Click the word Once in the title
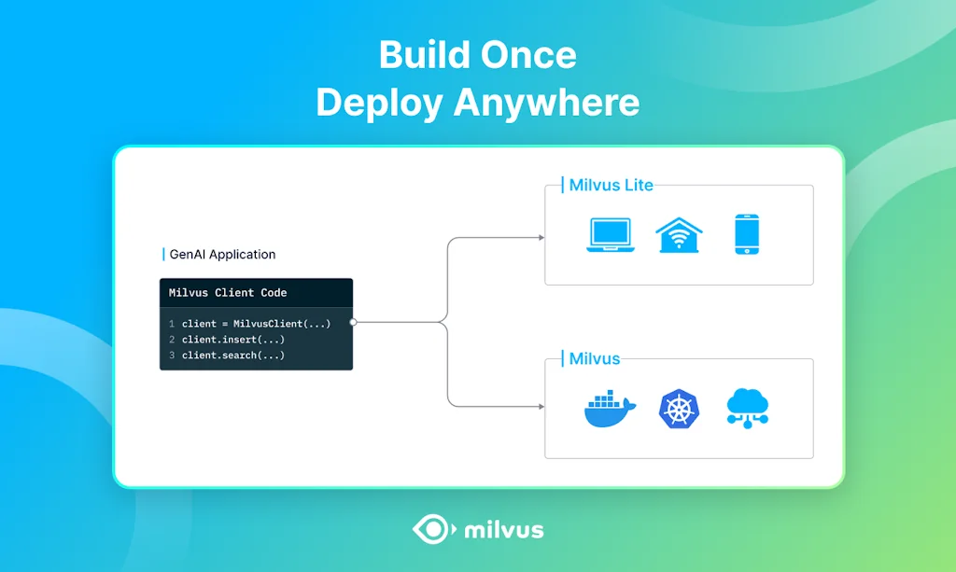pyautogui.click(x=530, y=56)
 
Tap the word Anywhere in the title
pyautogui.click(x=547, y=103)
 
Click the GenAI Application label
pyautogui.click(x=222, y=254)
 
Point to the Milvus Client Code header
pyautogui.click(x=228, y=293)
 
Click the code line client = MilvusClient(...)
pyautogui.click(x=256, y=324)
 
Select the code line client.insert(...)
pyautogui.click(x=233, y=340)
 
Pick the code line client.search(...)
pyautogui.click(x=233, y=356)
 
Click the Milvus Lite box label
pyautogui.click(x=611, y=185)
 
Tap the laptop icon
pyautogui.click(x=610, y=235)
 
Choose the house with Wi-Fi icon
pyautogui.click(x=679, y=234)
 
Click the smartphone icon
pyautogui.click(x=747, y=234)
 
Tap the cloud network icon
pyautogui.click(x=747, y=409)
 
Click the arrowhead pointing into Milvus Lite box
pyautogui.click(x=541, y=238)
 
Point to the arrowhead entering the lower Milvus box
pyautogui.click(x=541, y=407)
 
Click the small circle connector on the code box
pyautogui.click(x=353, y=323)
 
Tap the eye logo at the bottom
pyautogui.click(x=433, y=530)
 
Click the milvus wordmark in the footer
pyautogui.click(x=503, y=531)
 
